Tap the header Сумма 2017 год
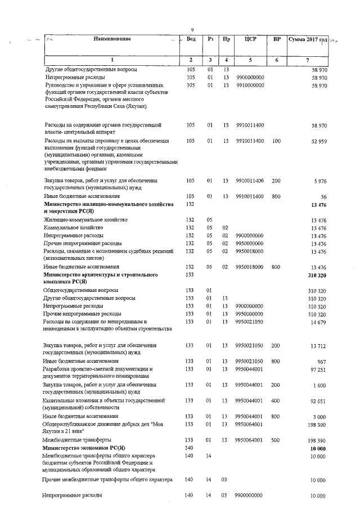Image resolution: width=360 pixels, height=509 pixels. [307, 39]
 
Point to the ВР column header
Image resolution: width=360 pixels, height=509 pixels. [276, 39]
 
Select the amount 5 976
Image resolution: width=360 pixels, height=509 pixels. [319, 181]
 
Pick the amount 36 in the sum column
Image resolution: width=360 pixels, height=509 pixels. [323, 196]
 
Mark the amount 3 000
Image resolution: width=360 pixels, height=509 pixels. [320, 416]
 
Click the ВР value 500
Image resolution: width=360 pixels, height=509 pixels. [276, 439]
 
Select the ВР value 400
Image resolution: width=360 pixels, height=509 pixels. [276, 400]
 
